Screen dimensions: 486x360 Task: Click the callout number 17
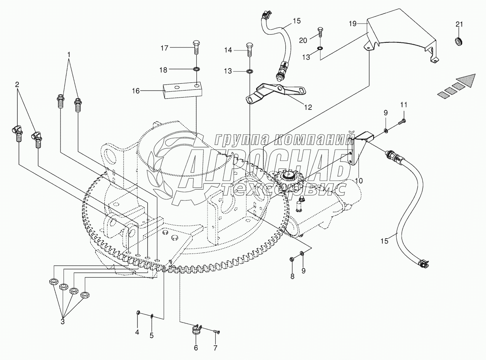point(164,48)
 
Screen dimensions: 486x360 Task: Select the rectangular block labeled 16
point(183,90)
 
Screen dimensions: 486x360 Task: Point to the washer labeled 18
point(197,70)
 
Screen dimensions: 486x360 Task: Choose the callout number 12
point(308,107)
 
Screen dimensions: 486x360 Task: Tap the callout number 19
point(353,24)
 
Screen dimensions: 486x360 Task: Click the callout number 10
point(359,181)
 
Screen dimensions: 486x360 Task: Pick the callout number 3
point(63,322)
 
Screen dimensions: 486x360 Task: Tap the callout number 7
point(215,348)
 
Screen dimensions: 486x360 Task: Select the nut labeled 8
point(292,259)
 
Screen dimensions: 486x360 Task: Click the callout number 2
point(17,84)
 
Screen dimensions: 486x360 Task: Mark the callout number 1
point(69,54)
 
